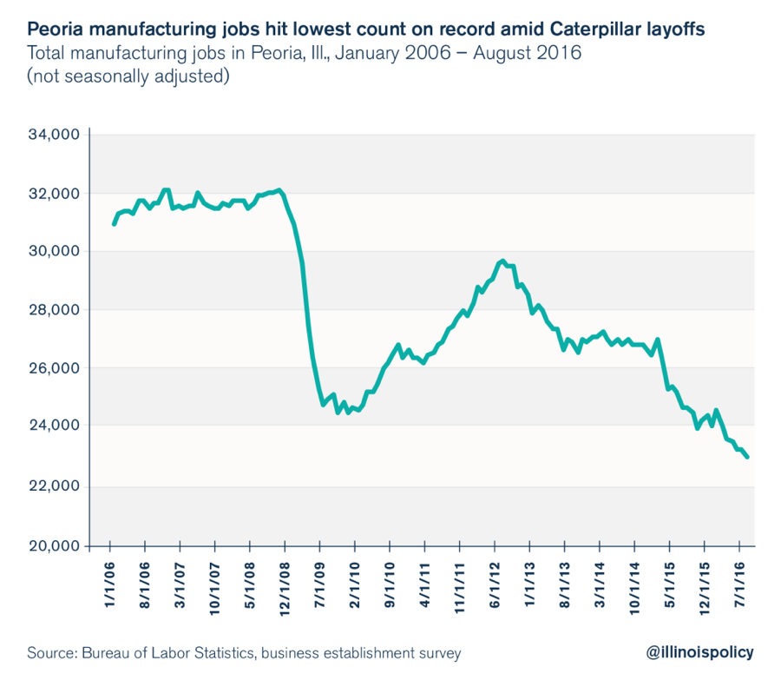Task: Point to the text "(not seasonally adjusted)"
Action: pos(128,76)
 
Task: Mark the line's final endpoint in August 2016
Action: pos(747,457)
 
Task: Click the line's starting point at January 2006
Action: pos(114,225)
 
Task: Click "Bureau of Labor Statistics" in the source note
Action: pos(169,652)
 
